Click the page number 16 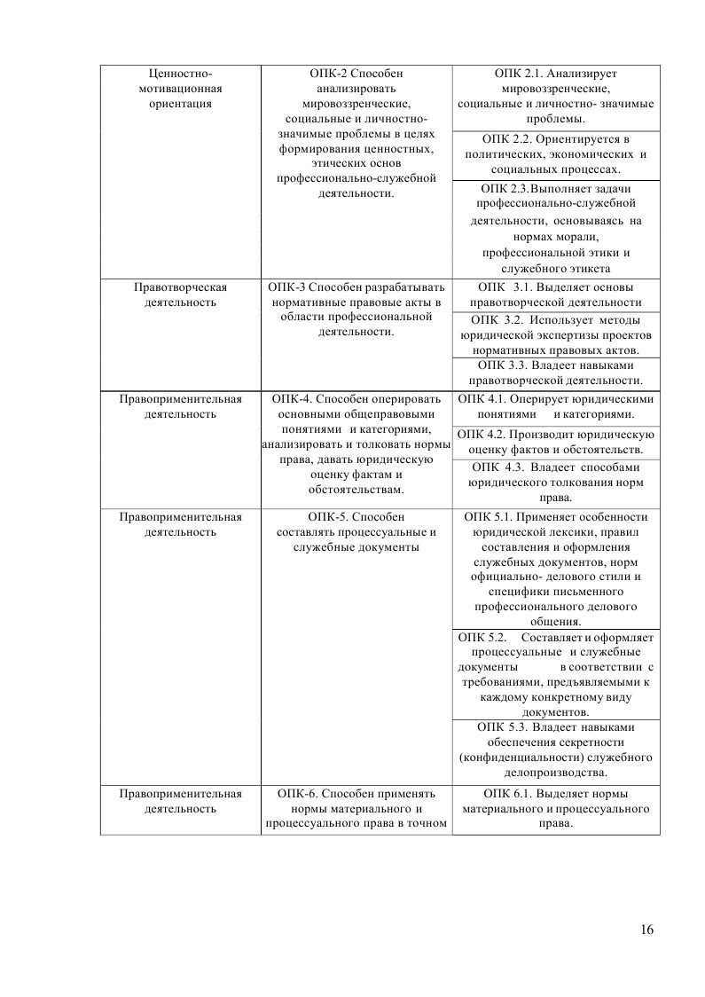pos(646,930)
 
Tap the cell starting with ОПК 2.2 pos(556,154)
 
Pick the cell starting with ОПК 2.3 pos(556,228)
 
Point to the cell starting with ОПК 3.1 pos(556,294)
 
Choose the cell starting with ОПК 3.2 pos(556,334)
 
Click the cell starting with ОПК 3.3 pos(556,373)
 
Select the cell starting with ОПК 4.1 pos(556,406)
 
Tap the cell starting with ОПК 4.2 pos(556,442)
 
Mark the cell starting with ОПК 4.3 pos(556,483)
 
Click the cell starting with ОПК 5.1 pos(556,569)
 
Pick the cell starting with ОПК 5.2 pos(556,674)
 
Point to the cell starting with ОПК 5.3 pos(556,750)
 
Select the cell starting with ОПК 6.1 pos(556,807)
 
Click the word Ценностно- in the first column pos(180,74)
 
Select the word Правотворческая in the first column pos(180,287)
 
